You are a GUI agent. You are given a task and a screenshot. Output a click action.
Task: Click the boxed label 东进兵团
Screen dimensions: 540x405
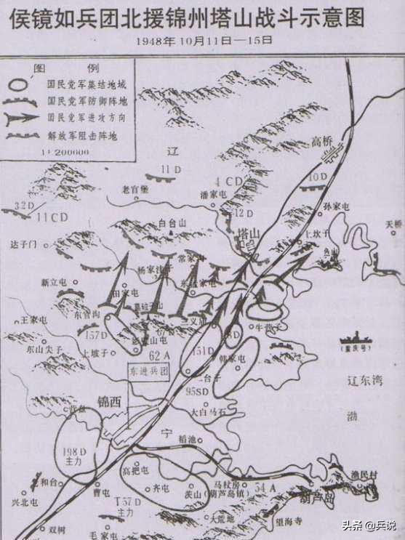[x=150, y=369]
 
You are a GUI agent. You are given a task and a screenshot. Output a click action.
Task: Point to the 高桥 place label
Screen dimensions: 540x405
[x=321, y=141]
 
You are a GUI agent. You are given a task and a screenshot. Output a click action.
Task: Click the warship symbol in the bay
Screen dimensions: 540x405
[x=358, y=340]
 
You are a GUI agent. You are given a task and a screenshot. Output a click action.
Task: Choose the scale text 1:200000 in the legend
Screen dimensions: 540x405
[x=68, y=151]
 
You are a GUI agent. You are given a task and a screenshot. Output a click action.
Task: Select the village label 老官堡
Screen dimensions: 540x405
[x=135, y=190]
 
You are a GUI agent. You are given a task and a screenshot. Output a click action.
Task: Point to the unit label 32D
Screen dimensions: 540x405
[x=25, y=206]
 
